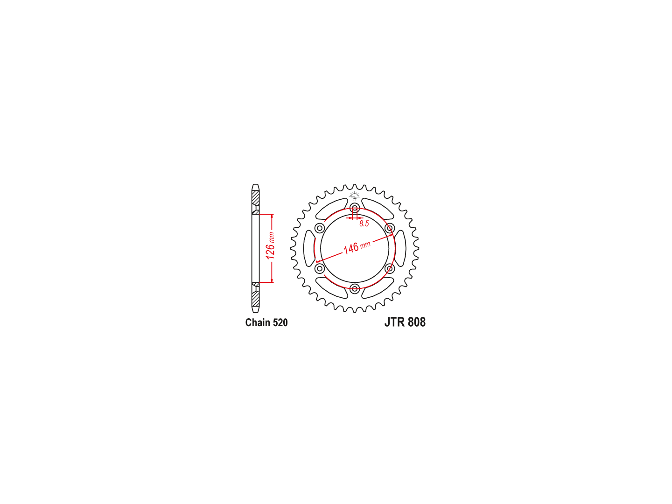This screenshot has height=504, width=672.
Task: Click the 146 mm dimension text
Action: (x=357, y=247)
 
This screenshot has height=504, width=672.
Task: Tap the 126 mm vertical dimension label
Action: (x=270, y=246)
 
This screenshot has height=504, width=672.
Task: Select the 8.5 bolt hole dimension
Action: (x=364, y=224)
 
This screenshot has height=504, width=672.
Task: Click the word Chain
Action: (x=258, y=322)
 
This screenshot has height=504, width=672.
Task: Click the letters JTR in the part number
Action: (x=395, y=322)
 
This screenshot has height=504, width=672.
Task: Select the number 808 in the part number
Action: (x=417, y=322)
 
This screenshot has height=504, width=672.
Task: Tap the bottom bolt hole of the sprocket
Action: (x=355, y=288)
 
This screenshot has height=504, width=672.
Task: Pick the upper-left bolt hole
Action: (x=320, y=228)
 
